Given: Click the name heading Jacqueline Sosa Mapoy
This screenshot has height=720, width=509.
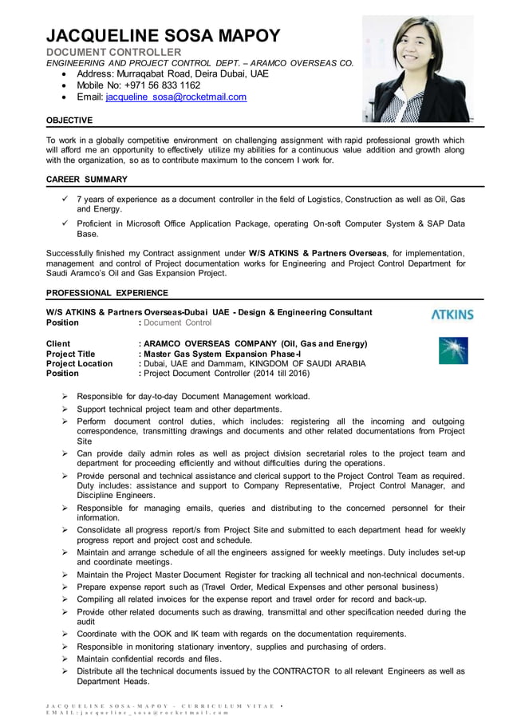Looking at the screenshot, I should coord(164,36).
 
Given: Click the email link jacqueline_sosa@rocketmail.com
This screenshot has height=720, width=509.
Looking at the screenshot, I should coord(176,97).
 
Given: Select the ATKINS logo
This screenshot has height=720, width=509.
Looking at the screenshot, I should coord(452,315).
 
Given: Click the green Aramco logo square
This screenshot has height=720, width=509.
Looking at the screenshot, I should coord(453,350).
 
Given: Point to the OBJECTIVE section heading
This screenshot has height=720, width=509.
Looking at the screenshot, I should coord(69,121).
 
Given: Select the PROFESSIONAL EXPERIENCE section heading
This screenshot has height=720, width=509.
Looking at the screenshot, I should coord(107,293).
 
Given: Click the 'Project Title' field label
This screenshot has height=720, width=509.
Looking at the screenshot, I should coord(71,354).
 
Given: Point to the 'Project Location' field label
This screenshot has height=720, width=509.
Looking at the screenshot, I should coord(79,363).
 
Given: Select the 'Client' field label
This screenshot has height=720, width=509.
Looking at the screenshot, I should coord(59,344).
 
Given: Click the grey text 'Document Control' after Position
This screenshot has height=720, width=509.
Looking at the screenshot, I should coord(177,322).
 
